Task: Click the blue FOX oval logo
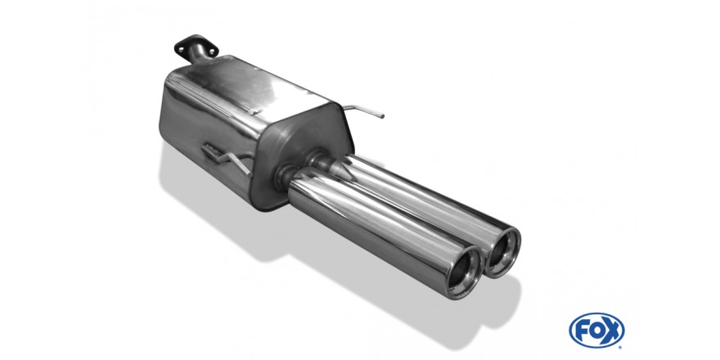[596, 331]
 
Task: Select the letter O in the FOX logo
[596, 331]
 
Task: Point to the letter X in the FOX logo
[613, 331]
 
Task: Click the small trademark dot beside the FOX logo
[621, 347]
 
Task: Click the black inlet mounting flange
[196, 47]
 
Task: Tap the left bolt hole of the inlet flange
[181, 47]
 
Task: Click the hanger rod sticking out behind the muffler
[363, 110]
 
